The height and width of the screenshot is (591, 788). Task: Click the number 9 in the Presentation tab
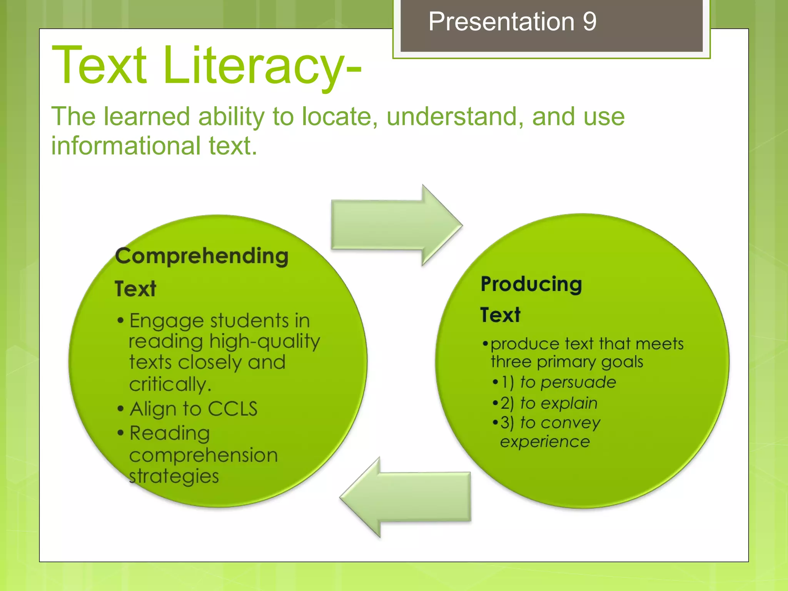[589, 22]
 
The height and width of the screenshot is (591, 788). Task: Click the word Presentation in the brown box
[501, 22]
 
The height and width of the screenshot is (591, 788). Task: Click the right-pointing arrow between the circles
[396, 225]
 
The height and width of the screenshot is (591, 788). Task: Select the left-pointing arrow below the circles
[406, 497]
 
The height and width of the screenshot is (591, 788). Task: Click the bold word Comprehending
[202, 256]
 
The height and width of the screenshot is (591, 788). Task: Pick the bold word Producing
[531, 285]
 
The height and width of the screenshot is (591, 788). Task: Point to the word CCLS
[232, 409]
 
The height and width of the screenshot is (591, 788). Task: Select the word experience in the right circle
[545, 442]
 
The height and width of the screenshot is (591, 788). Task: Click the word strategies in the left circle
[174, 476]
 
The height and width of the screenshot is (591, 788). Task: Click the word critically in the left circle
[170, 384]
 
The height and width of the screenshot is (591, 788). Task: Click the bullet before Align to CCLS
[121, 409]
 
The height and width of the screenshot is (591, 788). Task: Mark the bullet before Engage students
[121, 321]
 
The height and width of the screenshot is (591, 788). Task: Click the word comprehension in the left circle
[204, 456]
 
